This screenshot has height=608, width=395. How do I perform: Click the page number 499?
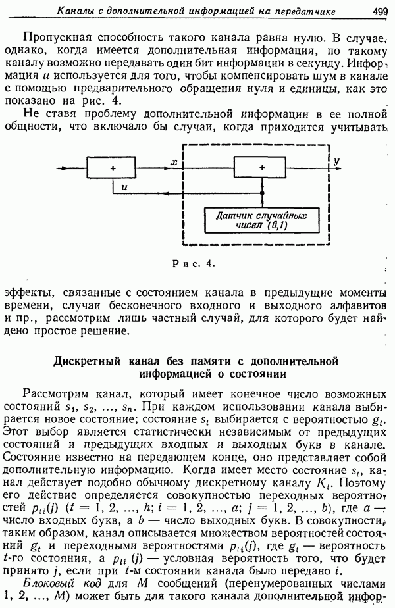coord(380,11)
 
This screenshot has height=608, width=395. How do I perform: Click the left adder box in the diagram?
coord(111,168)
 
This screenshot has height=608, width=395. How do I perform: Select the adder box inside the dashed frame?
coord(260,168)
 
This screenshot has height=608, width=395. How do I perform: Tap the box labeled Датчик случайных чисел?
coord(262,220)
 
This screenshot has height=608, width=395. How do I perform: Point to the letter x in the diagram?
coord(174,163)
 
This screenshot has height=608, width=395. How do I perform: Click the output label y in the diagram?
coord(336,162)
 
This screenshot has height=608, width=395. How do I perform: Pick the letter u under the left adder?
coord(124,187)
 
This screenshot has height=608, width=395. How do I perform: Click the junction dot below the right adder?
coord(262,193)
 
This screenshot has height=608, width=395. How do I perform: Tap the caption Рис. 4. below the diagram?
coord(194,264)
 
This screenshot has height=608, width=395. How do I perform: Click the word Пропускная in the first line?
coord(57,38)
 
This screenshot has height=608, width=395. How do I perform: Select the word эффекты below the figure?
coord(27,292)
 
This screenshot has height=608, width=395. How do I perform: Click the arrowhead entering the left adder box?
coord(84,168)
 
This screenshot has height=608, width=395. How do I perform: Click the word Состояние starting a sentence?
coord(32,457)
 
